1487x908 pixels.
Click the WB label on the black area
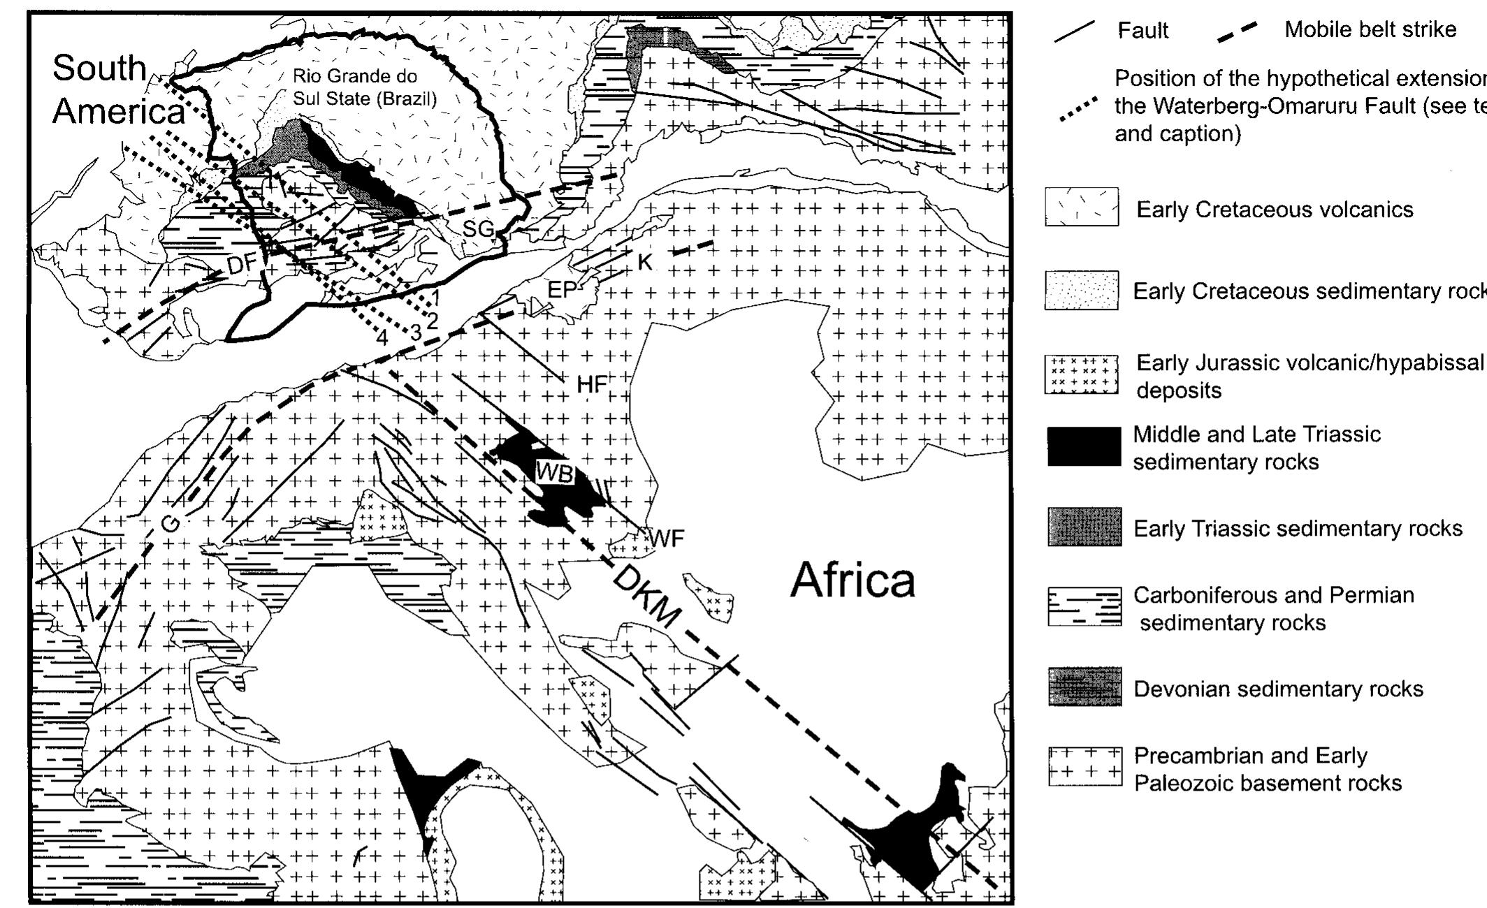pyautogui.click(x=555, y=473)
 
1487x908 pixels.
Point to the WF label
pyautogui.click(x=667, y=539)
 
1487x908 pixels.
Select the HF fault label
pyautogui.click(x=592, y=383)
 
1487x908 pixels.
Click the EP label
pyautogui.click(x=562, y=290)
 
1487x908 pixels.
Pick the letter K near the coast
pyautogui.click(x=644, y=262)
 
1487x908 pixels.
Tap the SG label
pyautogui.click(x=479, y=228)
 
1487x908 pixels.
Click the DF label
pyautogui.click(x=242, y=265)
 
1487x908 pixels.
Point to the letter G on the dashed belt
pyautogui.click(x=171, y=524)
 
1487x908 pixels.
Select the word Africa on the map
pyautogui.click(x=852, y=580)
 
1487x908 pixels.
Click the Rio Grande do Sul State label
pyautogui.click(x=364, y=87)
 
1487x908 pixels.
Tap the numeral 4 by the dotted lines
pyautogui.click(x=382, y=338)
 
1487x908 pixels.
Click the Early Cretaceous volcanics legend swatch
pyautogui.click(x=1081, y=207)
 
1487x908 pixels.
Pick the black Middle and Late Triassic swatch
pyautogui.click(x=1084, y=446)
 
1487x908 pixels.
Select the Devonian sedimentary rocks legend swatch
pyautogui.click(x=1085, y=687)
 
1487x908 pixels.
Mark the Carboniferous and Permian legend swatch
pyautogui.click(x=1085, y=607)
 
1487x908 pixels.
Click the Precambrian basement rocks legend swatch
pyautogui.click(x=1085, y=766)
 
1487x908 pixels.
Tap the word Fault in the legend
pyautogui.click(x=1143, y=30)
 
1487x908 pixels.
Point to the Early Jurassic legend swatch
pyautogui.click(x=1081, y=374)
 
